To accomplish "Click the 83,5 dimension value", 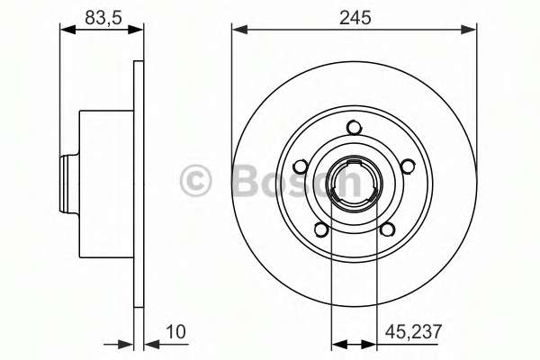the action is click(x=103, y=18).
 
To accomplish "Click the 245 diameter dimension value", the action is click(x=355, y=18).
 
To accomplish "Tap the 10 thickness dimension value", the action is click(x=175, y=332).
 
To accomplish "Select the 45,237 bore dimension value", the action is click(x=413, y=332).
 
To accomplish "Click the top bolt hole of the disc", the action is click(x=354, y=128).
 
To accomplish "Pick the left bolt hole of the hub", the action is click(x=301, y=166).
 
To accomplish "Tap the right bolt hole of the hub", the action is click(x=408, y=166).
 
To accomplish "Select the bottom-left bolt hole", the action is click(x=321, y=229).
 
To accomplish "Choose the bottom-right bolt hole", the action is click(x=387, y=229).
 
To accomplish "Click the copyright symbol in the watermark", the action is click(x=195, y=181).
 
